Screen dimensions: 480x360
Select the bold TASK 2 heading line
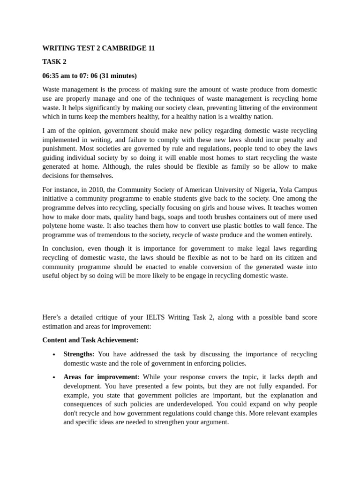pos(54,61)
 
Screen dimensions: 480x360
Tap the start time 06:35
pos(52,75)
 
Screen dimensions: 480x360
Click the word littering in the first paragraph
pos(232,107)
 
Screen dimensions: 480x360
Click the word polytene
pos(55,226)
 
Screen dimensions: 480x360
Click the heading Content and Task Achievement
pos(90,340)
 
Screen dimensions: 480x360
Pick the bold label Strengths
pos(78,354)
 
